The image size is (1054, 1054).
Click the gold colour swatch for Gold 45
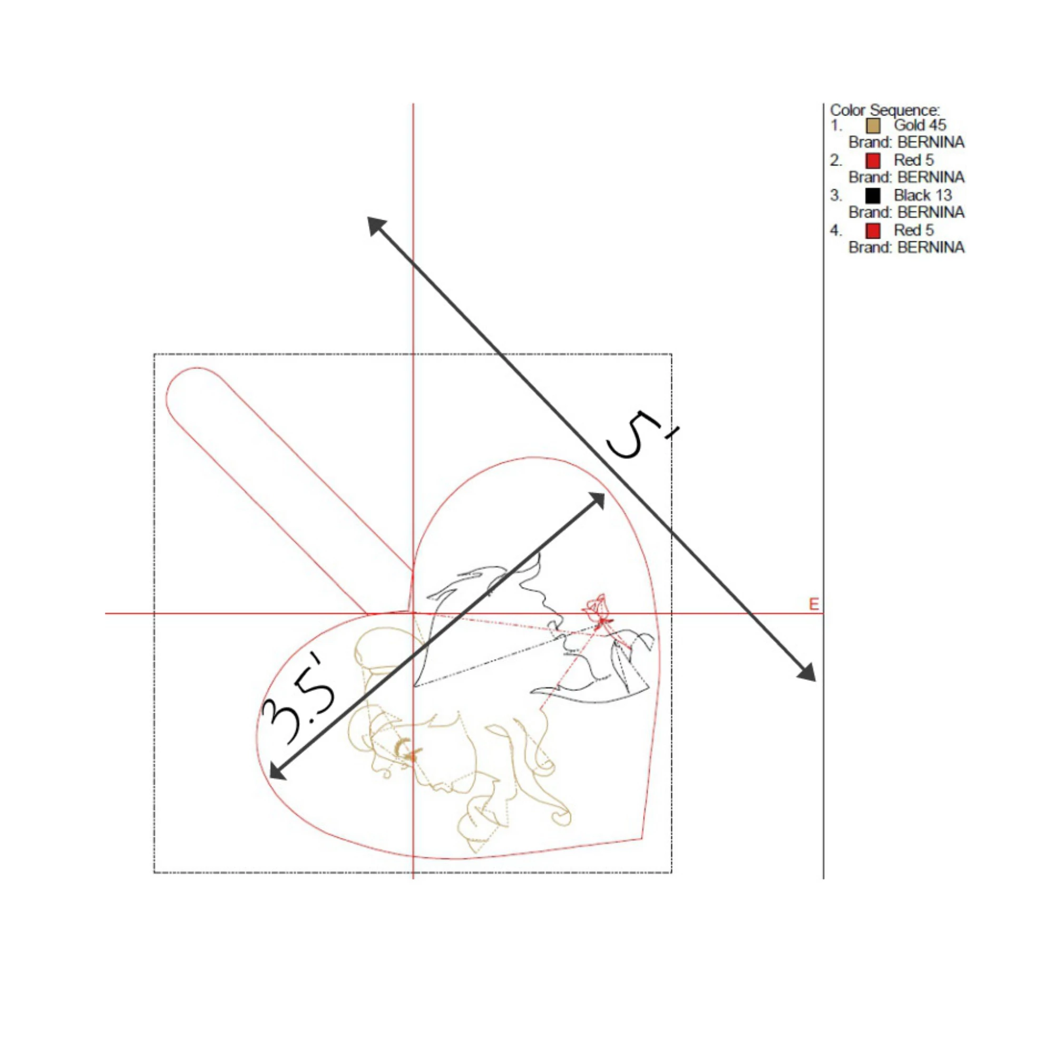[873, 126]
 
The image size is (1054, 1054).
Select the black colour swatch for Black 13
[873, 196]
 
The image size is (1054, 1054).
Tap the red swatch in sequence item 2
[873, 160]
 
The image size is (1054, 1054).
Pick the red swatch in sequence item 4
[873, 231]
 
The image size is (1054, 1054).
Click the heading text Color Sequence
[885, 110]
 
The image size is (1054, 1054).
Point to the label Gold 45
[920, 125]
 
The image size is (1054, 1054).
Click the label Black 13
[923, 196]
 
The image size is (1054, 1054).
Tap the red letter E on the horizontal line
[813, 604]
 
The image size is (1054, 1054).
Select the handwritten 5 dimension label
[641, 436]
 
